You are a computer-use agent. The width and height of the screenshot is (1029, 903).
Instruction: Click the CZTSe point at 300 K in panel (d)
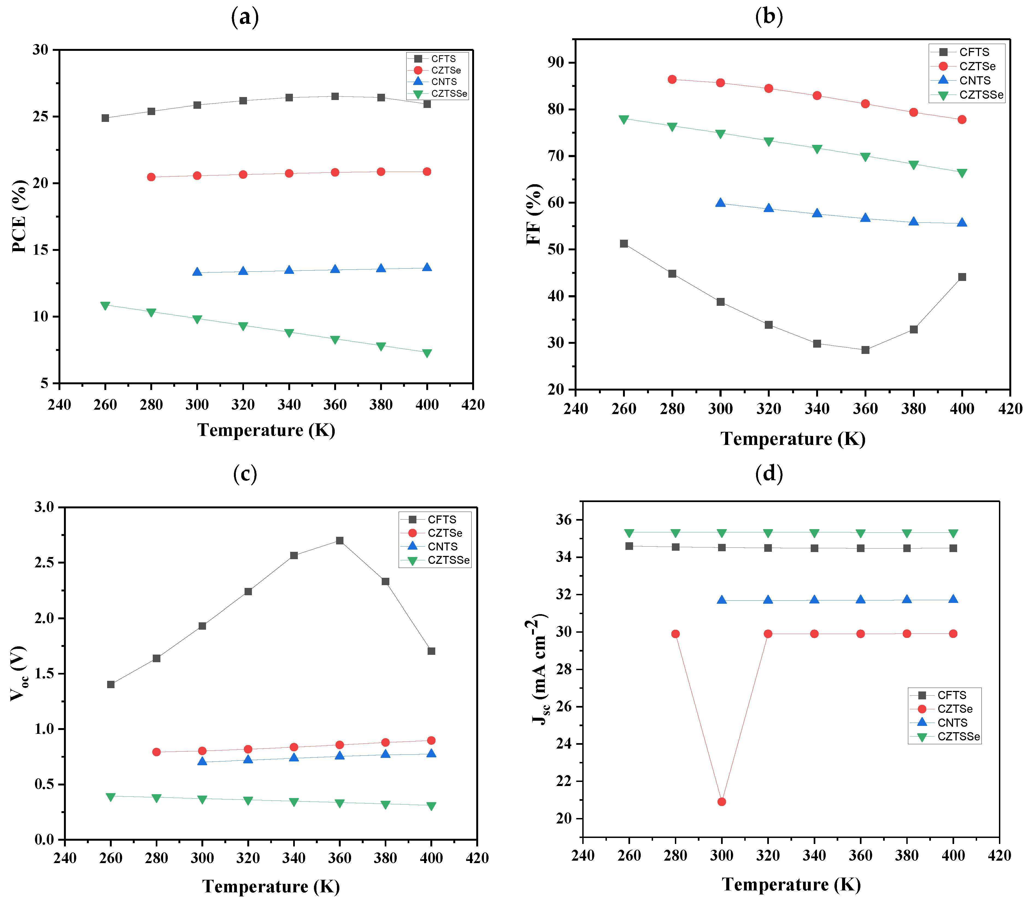click(721, 801)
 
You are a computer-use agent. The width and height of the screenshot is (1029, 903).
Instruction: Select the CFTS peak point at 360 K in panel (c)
click(340, 540)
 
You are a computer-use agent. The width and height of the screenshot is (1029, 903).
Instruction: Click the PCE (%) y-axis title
click(19, 216)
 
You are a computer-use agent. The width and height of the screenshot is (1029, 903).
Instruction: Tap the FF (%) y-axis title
click(534, 214)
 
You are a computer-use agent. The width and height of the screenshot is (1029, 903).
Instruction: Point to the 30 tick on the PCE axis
click(40, 50)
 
